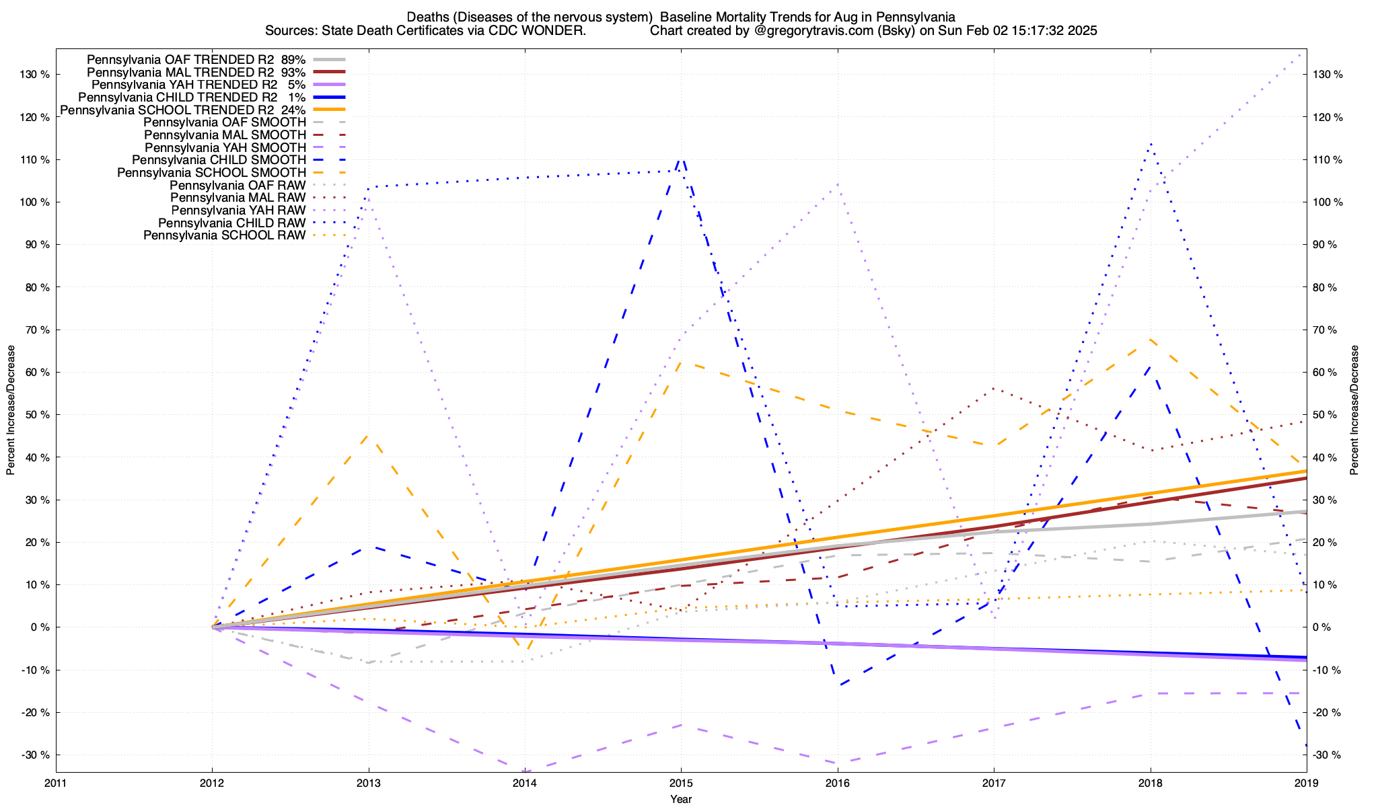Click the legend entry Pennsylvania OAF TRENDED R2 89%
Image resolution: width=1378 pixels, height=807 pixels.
point(196,60)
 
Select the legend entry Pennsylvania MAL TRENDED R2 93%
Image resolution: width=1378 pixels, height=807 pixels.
point(196,73)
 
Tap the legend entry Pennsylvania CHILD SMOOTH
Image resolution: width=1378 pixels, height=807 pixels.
point(219,160)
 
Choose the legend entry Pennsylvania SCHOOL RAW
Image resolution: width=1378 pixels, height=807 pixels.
point(224,236)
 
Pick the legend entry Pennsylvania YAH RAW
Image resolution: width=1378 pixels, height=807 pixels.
point(238,210)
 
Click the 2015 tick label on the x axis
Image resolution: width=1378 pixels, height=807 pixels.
point(681,783)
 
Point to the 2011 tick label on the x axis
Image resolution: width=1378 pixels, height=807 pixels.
point(56,783)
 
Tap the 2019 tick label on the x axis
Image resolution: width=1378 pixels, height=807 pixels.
point(1306,783)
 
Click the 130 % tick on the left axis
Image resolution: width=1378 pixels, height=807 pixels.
point(36,75)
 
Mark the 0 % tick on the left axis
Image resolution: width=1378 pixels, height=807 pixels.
point(39,627)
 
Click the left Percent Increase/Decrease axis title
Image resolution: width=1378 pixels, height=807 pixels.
point(11,410)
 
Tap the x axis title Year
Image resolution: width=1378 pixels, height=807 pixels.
point(681,799)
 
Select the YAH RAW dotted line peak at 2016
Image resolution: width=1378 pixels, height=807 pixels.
point(837,184)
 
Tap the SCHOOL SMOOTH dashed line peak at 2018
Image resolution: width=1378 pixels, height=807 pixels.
point(1150,340)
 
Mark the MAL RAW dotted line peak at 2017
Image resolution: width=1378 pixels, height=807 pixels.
point(994,388)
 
